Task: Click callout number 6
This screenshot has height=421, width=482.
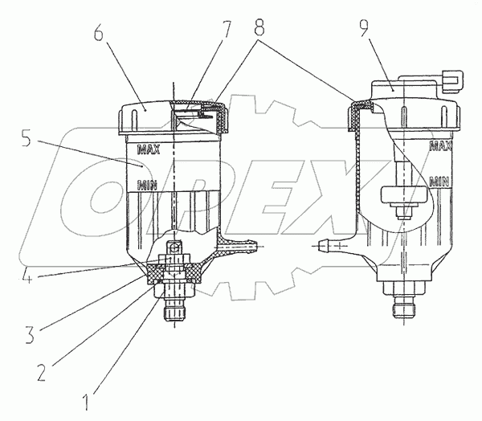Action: pos(97,36)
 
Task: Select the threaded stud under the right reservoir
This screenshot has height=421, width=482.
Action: pos(404,309)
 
